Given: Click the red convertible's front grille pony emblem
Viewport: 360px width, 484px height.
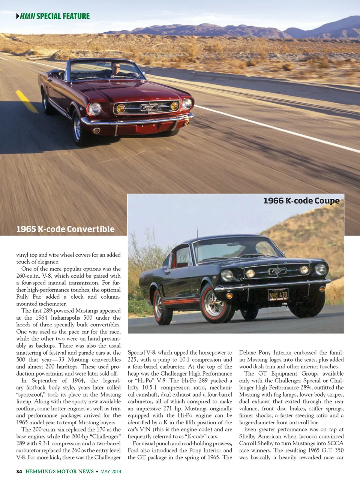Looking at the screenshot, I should pos(148,108).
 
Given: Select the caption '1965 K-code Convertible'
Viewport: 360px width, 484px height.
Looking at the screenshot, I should pos(65,229).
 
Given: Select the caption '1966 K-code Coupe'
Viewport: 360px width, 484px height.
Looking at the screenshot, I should pos(301,201).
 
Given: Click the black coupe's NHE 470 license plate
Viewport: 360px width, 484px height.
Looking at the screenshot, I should pos(278,295).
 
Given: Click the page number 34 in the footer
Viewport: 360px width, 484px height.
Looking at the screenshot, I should pos(19,472).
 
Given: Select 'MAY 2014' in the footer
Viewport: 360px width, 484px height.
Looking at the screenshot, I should pos(111,472).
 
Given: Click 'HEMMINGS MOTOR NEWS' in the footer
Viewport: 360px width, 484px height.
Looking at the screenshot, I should pos(60,472).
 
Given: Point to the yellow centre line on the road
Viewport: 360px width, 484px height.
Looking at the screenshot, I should pos(27,101).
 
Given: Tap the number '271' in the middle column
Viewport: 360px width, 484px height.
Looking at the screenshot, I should pos(168,409).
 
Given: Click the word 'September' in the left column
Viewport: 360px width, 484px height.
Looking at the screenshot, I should pos(44,380).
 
